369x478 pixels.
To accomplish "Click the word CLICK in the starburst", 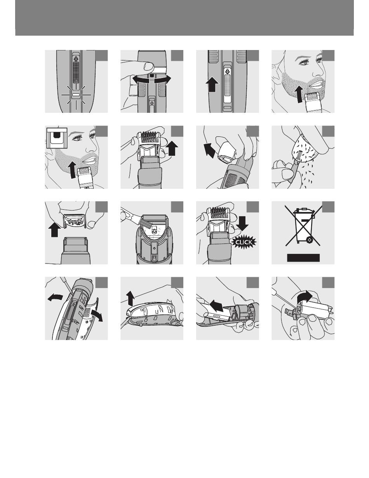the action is [244, 242].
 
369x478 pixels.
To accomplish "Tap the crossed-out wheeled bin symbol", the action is [303, 226].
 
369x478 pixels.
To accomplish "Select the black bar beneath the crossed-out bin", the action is [303, 257].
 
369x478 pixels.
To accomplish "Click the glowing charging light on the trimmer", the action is [76, 95].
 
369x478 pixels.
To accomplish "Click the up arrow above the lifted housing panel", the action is [131, 299].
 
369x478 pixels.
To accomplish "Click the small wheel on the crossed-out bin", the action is [310, 239].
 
